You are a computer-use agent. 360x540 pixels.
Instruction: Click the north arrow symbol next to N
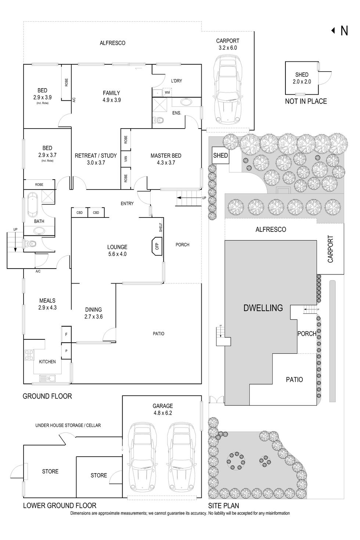pyautogui.click(x=333, y=31)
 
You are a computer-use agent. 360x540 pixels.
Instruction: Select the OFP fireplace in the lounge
pyautogui.click(x=157, y=246)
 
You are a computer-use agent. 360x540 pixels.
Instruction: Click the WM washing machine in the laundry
pyautogui.click(x=167, y=92)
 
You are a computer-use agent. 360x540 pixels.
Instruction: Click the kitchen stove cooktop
pyautogui.click(x=29, y=355)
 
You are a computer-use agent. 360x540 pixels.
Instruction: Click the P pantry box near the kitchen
pyautogui.click(x=66, y=351)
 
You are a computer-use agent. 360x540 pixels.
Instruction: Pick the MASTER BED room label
pyautogui.click(x=166, y=159)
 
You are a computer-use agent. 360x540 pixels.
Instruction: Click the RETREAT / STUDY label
pyautogui.click(x=96, y=159)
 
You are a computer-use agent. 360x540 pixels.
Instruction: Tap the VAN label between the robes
pyautogui.click(x=126, y=159)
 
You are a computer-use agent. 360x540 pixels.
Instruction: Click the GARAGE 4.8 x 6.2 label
pyautogui.click(x=163, y=409)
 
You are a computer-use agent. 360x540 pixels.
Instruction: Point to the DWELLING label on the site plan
pyautogui.click(x=263, y=308)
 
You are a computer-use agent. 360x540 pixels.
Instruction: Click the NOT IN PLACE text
pyautogui.click(x=306, y=101)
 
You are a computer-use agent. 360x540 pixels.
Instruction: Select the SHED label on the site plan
pyautogui.click(x=220, y=155)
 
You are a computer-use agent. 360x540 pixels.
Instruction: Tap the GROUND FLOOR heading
pyautogui.click(x=47, y=396)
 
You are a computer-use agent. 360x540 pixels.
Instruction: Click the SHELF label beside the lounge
pyautogui.click(x=161, y=227)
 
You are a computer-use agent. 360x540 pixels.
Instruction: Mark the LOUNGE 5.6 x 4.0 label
pyautogui.click(x=117, y=251)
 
